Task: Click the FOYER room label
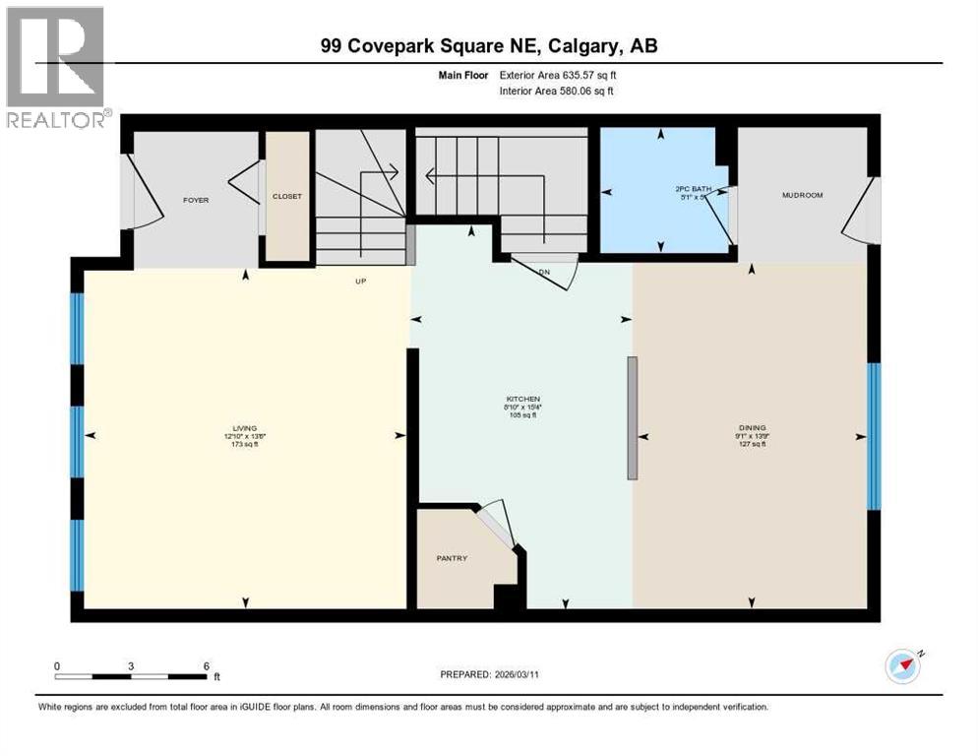pyautogui.click(x=196, y=200)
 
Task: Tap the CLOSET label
pyautogui.click(x=287, y=196)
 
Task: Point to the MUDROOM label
pyautogui.click(x=802, y=195)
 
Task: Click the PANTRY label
pyautogui.click(x=452, y=558)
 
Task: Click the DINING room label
pyautogui.click(x=752, y=428)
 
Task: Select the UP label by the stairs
pyautogui.click(x=361, y=281)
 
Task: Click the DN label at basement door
pyautogui.click(x=544, y=271)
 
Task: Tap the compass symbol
pyautogui.click(x=902, y=666)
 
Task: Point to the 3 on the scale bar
pyautogui.click(x=131, y=665)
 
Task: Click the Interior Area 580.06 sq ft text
pyautogui.click(x=558, y=91)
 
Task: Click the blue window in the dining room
pyautogui.click(x=873, y=435)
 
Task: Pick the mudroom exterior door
pyautogui.click(x=861, y=209)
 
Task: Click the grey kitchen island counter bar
pyautogui.click(x=632, y=417)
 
